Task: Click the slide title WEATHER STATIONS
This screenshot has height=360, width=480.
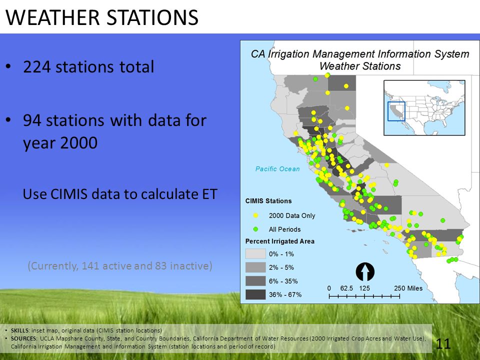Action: click(102, 17)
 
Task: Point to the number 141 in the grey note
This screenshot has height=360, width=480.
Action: click(90, 265)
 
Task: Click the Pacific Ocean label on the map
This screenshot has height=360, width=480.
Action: click(277, 169)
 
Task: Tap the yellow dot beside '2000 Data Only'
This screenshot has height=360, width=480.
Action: click(255, 215)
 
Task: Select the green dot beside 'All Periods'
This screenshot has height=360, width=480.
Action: click(255, 229)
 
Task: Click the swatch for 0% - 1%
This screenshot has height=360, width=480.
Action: click(255, 254)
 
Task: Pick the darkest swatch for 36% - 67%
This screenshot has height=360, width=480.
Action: click(255, 294)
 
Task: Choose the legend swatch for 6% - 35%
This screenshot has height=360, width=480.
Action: click(255, 281)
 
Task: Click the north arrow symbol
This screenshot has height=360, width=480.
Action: click(365, 272)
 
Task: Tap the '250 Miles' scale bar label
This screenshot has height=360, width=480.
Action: click(408, 288)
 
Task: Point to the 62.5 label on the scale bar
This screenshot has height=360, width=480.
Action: click(346, 288)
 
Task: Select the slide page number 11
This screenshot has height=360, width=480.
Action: click(443, 344)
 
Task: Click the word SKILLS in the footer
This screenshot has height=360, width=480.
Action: click(20, 330)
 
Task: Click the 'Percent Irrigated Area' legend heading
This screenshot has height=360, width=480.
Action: click(280, 241)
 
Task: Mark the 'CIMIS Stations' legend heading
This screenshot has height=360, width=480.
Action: click(268, 201)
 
